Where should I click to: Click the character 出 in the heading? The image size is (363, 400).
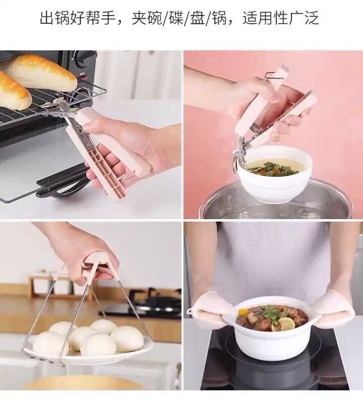tap(47, 18)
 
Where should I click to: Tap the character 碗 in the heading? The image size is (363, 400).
tap(154, 18)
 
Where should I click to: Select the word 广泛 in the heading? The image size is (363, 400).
tap(304, 18)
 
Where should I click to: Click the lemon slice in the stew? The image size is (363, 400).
tap(286, 323)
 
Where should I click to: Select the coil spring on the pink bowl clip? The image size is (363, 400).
tap(255, 128)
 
